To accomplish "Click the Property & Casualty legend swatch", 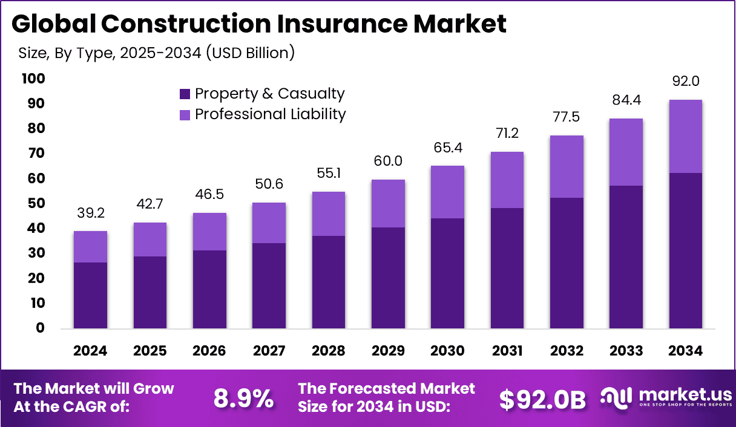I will coord(185,94).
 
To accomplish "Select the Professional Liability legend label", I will coord(270,114).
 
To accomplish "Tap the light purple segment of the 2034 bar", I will coord(686,137).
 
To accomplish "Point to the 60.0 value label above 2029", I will coord(388,161).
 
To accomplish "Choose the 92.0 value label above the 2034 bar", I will coord(686,82).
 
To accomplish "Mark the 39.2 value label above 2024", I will coord(91,213).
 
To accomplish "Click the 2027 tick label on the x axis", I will coord(269,351).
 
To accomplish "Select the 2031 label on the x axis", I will coord(507,351).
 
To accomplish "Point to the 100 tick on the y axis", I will coord(33,79).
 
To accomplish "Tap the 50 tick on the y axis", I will coord(37,203).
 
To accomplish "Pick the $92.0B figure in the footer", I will coord(542,399).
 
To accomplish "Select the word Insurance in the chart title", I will coord(324,24).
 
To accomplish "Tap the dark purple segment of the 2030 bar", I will coord(447,273).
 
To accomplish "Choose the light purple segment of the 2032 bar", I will coord(567,166).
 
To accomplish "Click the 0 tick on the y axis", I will coord(41,328).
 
